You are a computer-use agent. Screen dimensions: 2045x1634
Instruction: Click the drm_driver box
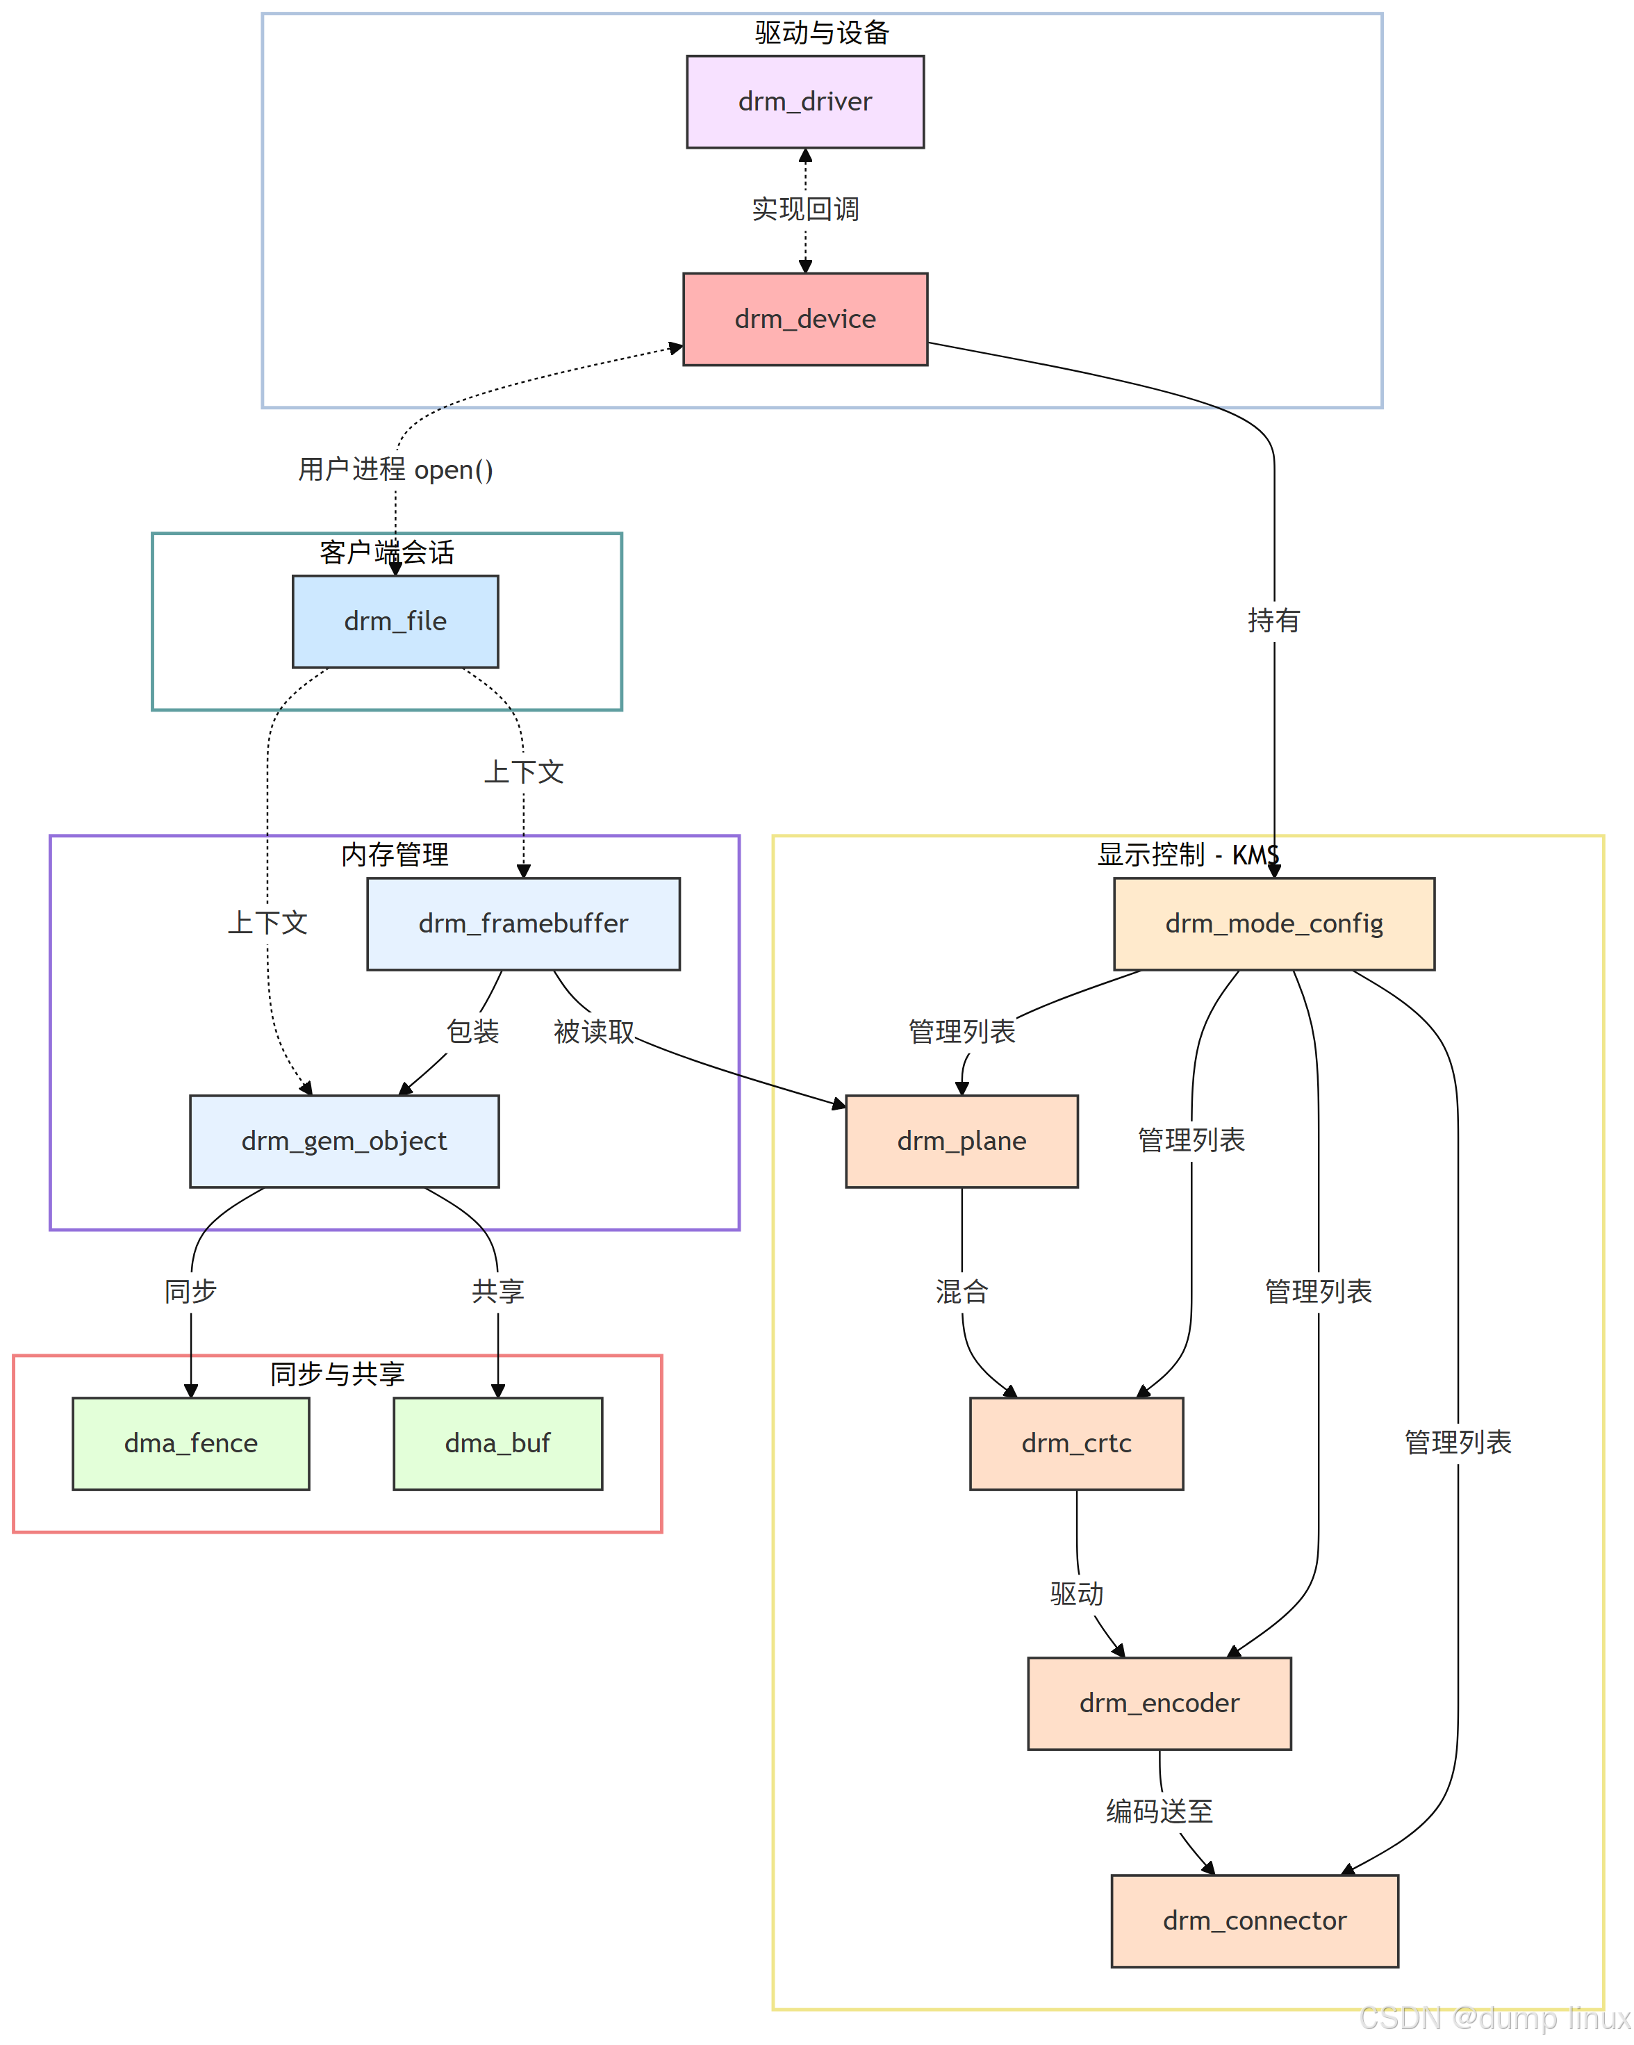click(804, 101)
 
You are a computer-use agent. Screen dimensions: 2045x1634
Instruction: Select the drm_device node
click(804, 319)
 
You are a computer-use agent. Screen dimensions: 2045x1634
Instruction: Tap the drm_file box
click(395, 621)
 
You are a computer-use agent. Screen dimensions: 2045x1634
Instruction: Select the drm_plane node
click(961, 1140)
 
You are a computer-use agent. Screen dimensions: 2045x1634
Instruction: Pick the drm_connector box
click(1254, 1920)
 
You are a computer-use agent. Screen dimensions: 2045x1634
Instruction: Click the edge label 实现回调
click(804, 208)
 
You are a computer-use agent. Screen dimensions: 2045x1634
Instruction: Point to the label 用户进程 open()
click(395, 470)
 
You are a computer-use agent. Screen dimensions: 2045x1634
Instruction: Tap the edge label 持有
click(1273, 621)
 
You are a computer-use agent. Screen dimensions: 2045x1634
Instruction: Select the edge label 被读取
click(594, 1031)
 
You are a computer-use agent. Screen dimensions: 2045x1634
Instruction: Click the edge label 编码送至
click(1159, 1811)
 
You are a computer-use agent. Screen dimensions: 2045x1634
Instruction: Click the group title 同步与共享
click(337, 1374)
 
